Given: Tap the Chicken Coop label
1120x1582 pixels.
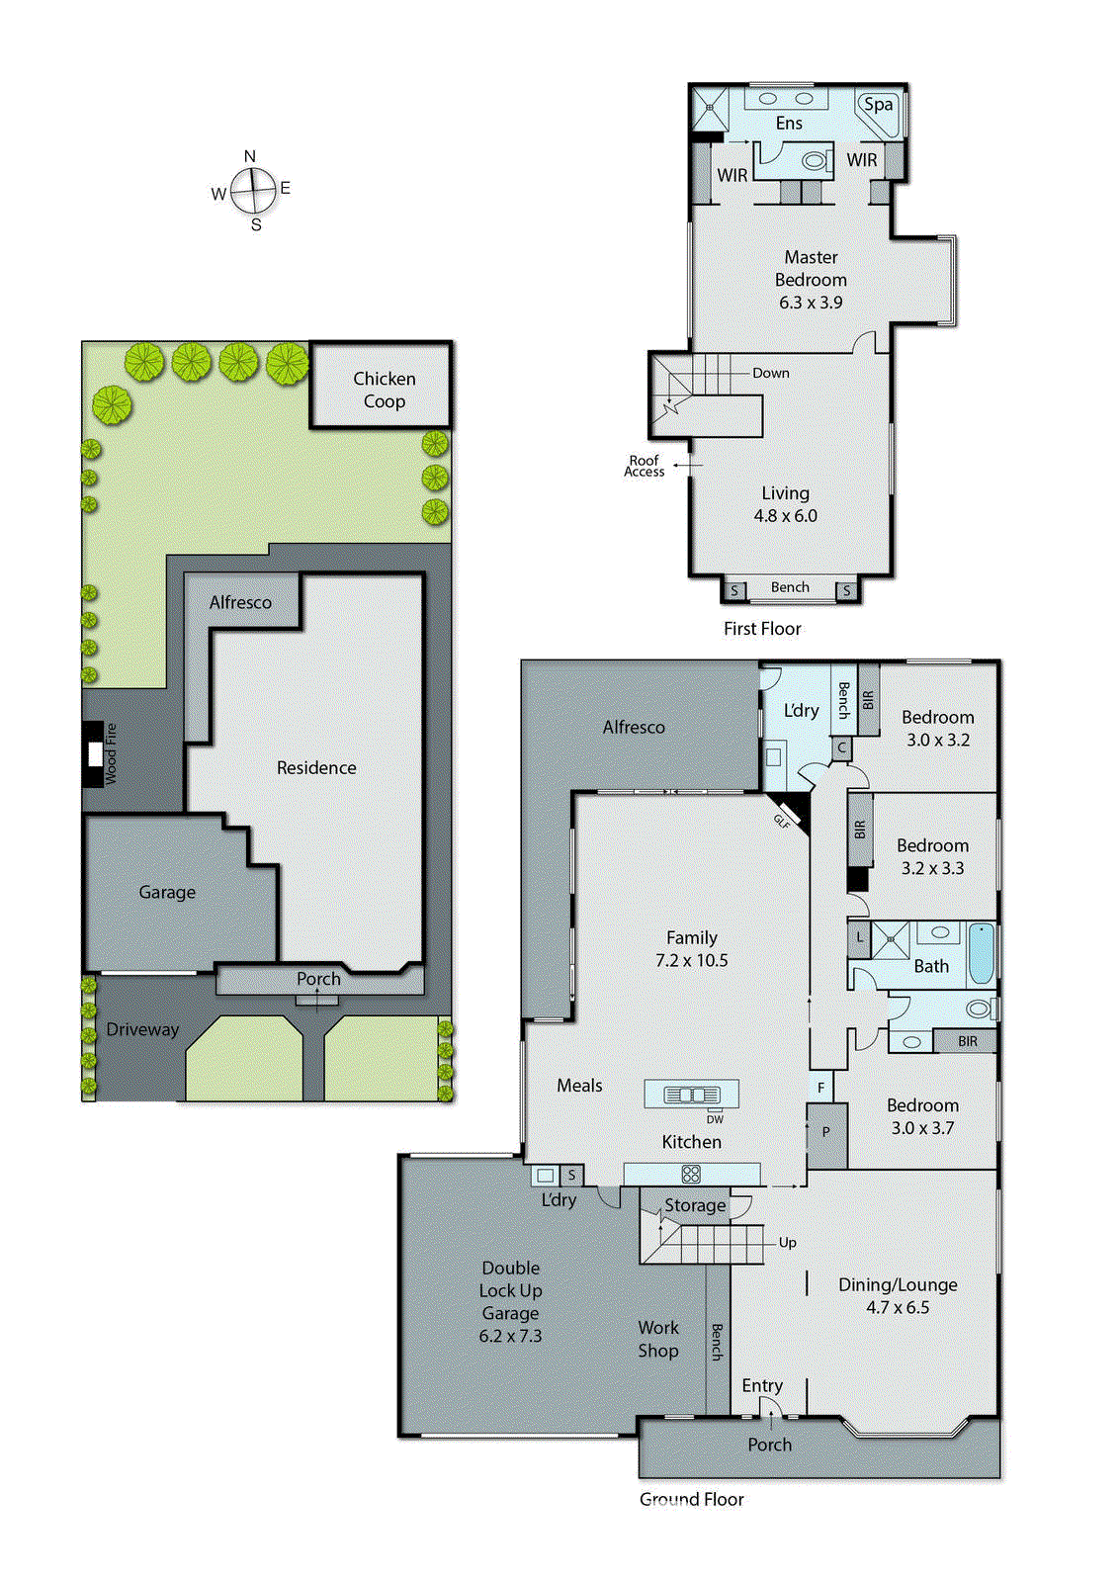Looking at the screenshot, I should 384,390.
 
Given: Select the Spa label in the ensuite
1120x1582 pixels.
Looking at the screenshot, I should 878,104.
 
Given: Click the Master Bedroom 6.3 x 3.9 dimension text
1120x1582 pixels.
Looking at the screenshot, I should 811,303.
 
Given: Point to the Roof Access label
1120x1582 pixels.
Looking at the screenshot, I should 645,466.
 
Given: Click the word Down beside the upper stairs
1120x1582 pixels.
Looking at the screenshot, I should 770,373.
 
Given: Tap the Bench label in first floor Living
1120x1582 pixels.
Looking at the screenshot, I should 790,587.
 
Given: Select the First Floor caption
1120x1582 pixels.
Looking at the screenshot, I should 762,628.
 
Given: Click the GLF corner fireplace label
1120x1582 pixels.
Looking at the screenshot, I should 783,820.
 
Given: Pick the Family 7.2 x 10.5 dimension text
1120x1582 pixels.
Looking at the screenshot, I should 691,960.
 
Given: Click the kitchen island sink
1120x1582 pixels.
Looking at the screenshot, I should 691,1094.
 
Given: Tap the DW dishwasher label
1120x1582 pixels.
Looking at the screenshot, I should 715,1119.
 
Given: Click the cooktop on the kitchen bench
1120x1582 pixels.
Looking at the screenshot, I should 691,1174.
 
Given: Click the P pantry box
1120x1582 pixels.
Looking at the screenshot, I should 826,1133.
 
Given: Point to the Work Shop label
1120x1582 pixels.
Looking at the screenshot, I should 658,1339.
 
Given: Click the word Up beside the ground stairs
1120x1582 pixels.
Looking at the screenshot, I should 787,1242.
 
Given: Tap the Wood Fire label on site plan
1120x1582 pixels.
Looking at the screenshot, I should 110,753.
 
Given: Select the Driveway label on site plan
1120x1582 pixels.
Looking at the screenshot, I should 142,1029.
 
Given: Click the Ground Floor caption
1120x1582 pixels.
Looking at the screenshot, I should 691,1499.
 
